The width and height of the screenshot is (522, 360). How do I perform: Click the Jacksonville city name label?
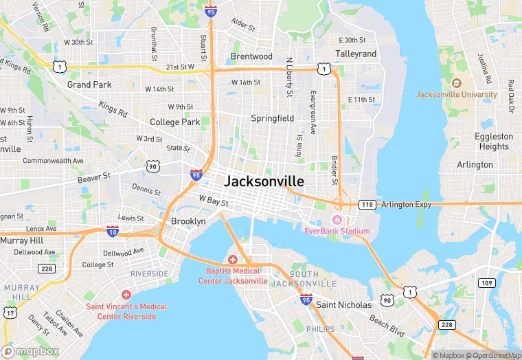(x=264, y=181)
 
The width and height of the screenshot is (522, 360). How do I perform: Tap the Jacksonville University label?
(x=457, y=94)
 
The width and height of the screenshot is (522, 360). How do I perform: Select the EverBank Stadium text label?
(x=337, y=231)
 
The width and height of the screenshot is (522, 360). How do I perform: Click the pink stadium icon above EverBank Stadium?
(x=337, y=219)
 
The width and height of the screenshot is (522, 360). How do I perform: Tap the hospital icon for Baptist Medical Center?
(x=232, y=260)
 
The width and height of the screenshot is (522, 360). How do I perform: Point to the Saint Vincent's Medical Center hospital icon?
(x=126, y=294)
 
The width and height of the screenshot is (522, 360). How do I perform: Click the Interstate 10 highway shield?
(x=113, y=232)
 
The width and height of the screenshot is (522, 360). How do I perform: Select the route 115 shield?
(x=367, y=204)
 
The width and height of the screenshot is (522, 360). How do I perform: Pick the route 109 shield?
(x=487, y=283)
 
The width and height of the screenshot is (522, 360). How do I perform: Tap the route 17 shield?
(x=10, y=313)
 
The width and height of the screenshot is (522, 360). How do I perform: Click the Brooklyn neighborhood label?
(x=188, y=221)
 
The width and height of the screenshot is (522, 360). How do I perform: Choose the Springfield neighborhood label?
(x=272, y=118)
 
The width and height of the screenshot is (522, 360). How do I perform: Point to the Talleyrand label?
(x=356, y=54)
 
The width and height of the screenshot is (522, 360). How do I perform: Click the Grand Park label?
(x=89, y=85)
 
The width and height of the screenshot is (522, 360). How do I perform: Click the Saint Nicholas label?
(x=344, y=304)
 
